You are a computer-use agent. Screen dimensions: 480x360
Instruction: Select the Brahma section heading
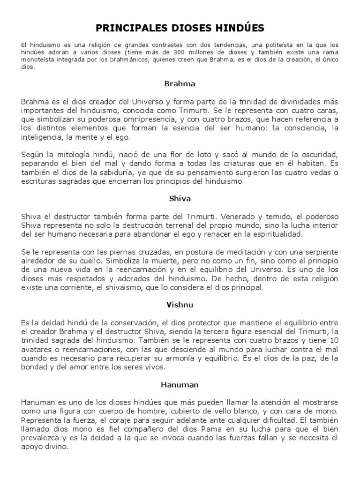pos(180,84)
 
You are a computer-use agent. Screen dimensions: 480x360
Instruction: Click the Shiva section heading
pos(180,198)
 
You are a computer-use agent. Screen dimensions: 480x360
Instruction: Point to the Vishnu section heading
pos(180,304)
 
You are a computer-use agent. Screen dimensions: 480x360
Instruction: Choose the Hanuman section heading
pos(180,384)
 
